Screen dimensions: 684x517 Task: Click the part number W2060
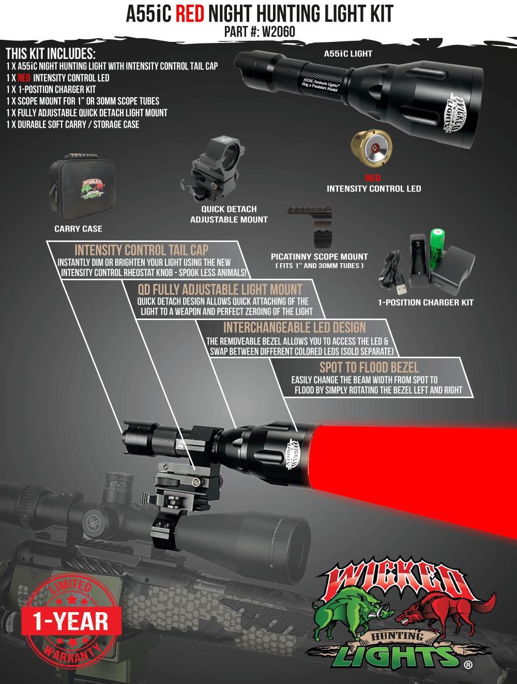279,32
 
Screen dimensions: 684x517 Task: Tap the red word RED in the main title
190,13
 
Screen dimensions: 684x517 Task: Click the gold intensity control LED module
371,148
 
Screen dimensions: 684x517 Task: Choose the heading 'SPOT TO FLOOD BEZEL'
369,368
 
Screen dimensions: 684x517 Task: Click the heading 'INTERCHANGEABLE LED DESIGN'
294,328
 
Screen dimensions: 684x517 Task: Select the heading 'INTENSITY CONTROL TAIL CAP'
141,250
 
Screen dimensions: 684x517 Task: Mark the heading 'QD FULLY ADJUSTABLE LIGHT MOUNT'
220,290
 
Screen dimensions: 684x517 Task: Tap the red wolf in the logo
439,610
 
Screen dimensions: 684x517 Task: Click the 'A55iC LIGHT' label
348,54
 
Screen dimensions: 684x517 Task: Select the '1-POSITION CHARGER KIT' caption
425,302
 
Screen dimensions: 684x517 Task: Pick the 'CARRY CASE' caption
78,229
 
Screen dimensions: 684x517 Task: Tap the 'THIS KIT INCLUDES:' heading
51,54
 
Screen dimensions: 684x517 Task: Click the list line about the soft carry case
73,125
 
